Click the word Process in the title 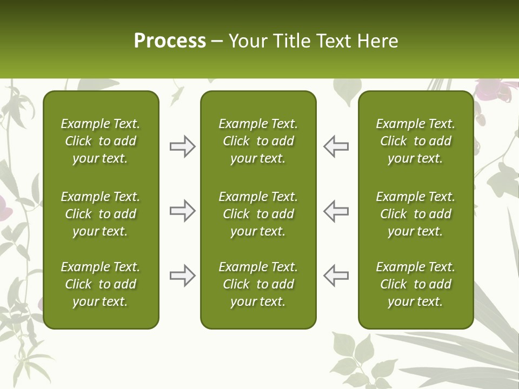(x=170, y=41)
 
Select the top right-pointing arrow (x=182, y=146)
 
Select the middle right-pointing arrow (x=182, y=211)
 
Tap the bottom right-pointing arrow (x=182, y=276)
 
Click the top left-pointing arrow (x=336, y=146)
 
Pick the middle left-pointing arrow (x=336, y=211)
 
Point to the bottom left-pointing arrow (x=336, y=276)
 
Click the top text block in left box (x=101, y=141)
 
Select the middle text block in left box (x=101, y=214)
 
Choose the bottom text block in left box (x=101, y=284)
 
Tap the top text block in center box (x=258, y=141)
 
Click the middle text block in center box (x=258, y=214)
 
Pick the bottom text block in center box (x=258, y=284)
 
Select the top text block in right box (x=415, y=141)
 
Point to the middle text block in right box (x=415, y=214)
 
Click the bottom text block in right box (x=415, y=284)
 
